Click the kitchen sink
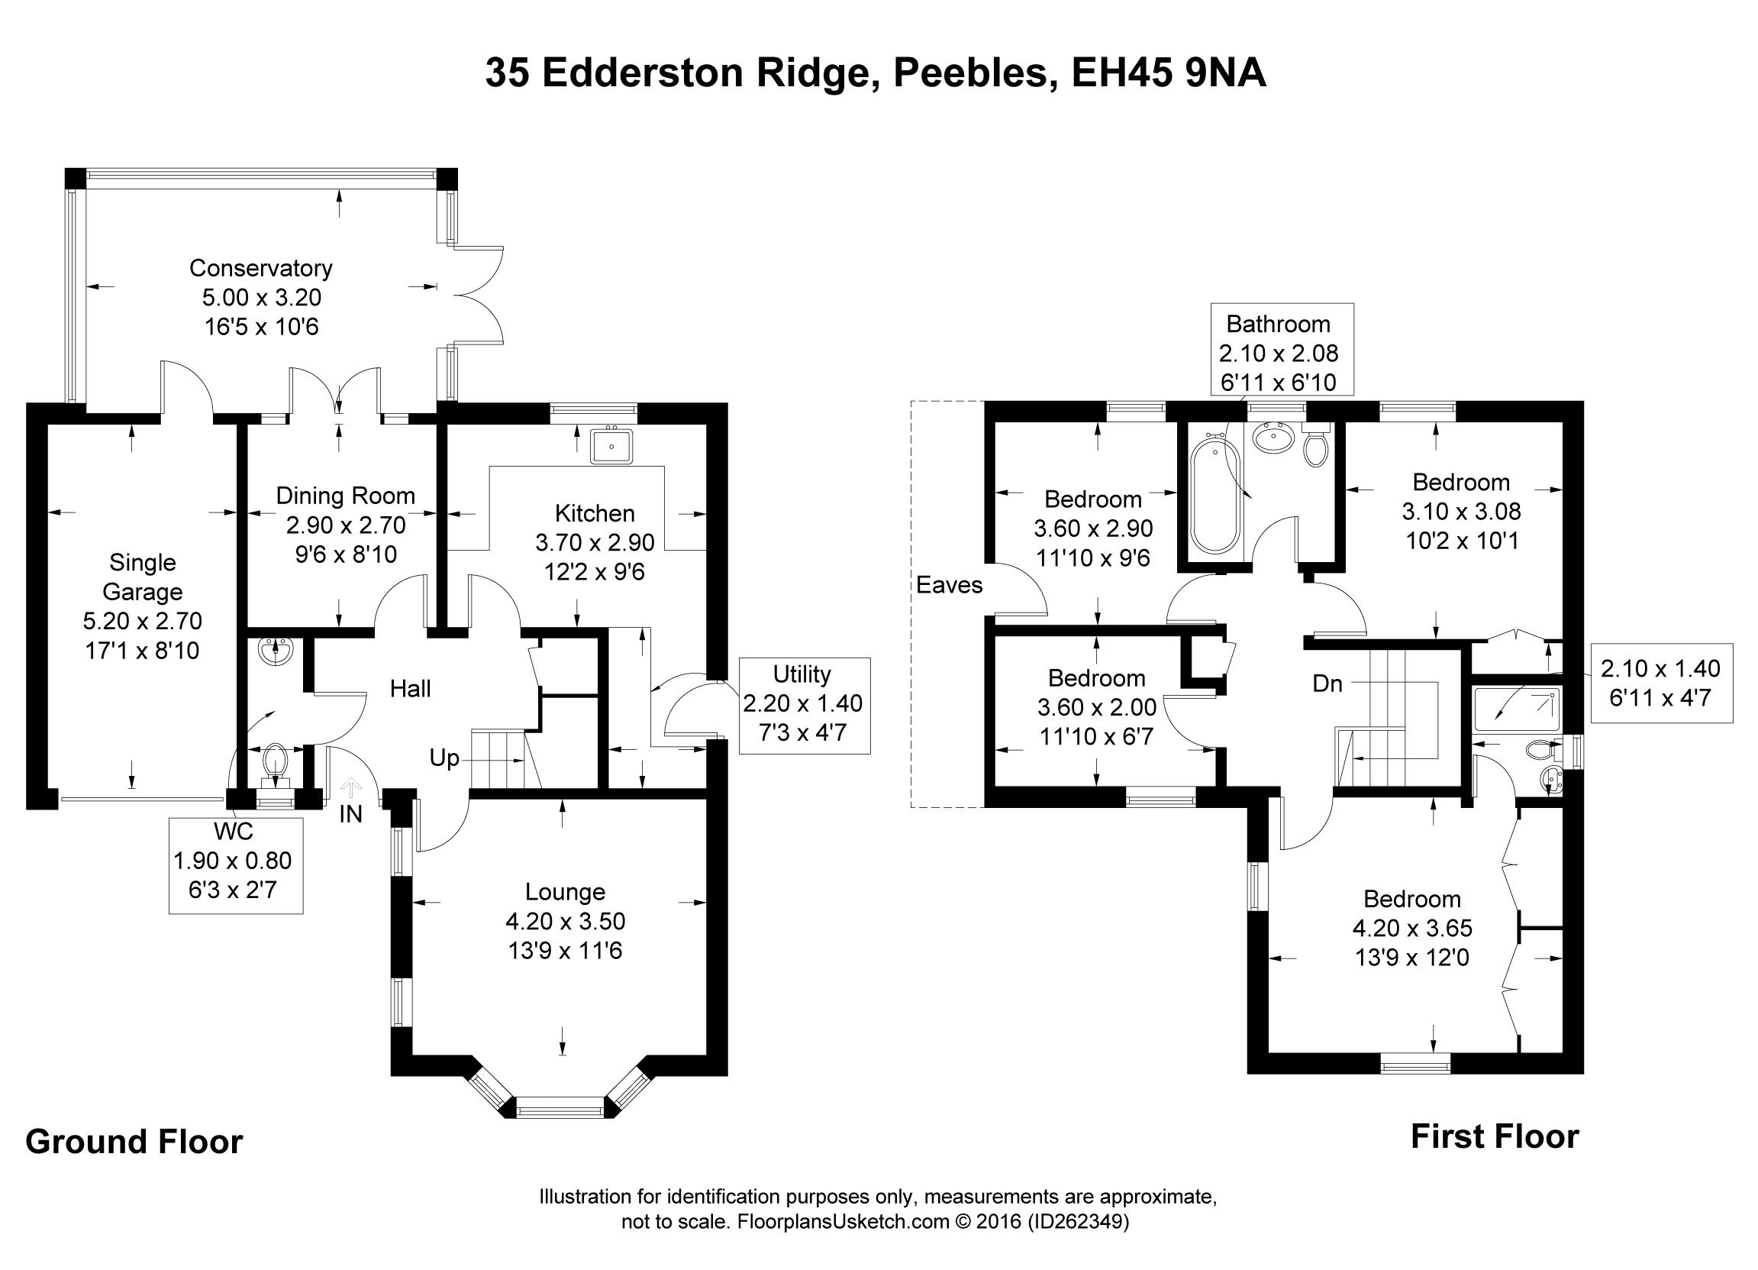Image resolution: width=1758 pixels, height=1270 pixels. coord(611,446)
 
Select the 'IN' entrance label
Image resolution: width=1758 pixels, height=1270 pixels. coord(350,814)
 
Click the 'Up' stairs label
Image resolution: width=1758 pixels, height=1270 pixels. coord(444,758)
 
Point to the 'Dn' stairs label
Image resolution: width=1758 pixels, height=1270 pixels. coord(1327,683)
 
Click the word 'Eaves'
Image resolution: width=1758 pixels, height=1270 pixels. coord(949,585)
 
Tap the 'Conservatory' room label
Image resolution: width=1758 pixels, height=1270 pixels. coord(261,268)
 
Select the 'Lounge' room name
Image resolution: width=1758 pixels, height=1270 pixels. coord(565,892)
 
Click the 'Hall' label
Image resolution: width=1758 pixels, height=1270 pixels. coord(410,689)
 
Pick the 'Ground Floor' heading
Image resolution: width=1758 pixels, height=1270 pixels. coord(134,1142)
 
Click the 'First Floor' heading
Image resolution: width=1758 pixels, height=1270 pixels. coord(1495,1136)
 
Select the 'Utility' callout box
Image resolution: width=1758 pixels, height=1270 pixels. coord(804,705)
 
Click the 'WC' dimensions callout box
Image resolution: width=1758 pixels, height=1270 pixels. coord(235,864)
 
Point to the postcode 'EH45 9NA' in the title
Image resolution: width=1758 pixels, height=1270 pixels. coord(1169,73)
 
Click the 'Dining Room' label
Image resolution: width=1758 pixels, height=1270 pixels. coord(346,496)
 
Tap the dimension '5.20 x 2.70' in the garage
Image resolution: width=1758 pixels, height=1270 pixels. coord(143,621)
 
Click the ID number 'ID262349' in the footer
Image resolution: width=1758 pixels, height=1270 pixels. coord(1077,1222)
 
